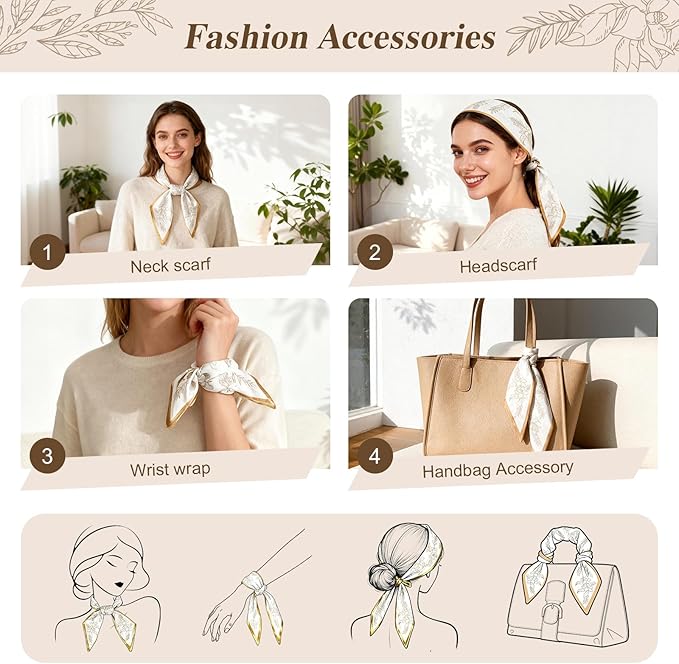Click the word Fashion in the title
(246, 37)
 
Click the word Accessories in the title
(407, 37)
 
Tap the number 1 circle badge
(47, 252)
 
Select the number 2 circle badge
(375, 252)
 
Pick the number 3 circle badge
(47, 456)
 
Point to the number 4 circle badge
(375, 456)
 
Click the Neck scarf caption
(171, 265)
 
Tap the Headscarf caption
(498, 266)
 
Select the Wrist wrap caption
(170, 469)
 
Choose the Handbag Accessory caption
(498, 470)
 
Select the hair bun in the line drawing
(382, 576)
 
